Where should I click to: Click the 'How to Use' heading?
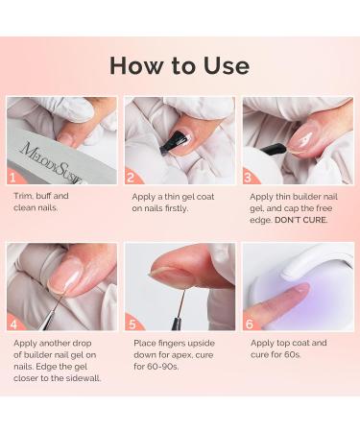pos(180,66)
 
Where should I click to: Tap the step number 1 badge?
pos(12,178)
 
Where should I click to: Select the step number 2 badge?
pos(131,178)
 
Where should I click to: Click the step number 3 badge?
pos(249,178)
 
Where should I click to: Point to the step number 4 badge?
pos(13,324)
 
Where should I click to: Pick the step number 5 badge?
pos(132,324)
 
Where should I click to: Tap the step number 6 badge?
pos(250,324)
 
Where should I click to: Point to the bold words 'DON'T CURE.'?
pos(301,220)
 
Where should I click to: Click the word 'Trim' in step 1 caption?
pos(22,196)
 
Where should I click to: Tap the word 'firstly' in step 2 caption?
pos(176,208)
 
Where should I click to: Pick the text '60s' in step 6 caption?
pos(294,355)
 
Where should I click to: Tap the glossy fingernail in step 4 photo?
pos(64,276)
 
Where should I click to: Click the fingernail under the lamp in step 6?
pos(300,289)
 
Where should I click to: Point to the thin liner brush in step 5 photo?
pos(179,310)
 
